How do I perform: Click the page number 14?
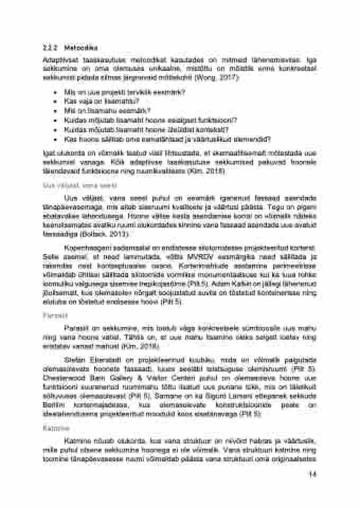coord(312,474)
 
